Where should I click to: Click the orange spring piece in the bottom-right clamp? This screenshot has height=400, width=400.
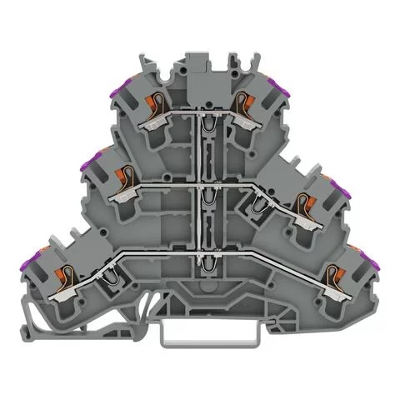335,272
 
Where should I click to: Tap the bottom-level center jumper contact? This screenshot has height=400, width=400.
201,265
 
